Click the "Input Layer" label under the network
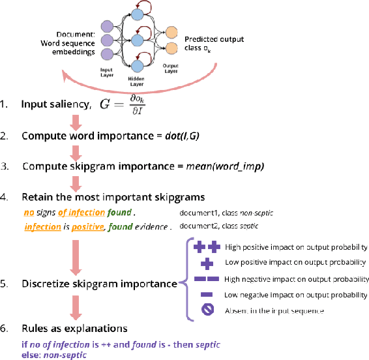click(107, 70)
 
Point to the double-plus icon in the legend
click(207, 247)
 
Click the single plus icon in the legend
click(207, 262)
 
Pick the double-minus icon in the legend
click(207, 279)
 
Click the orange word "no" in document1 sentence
click(29, 213)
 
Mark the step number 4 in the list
click(5, 196)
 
